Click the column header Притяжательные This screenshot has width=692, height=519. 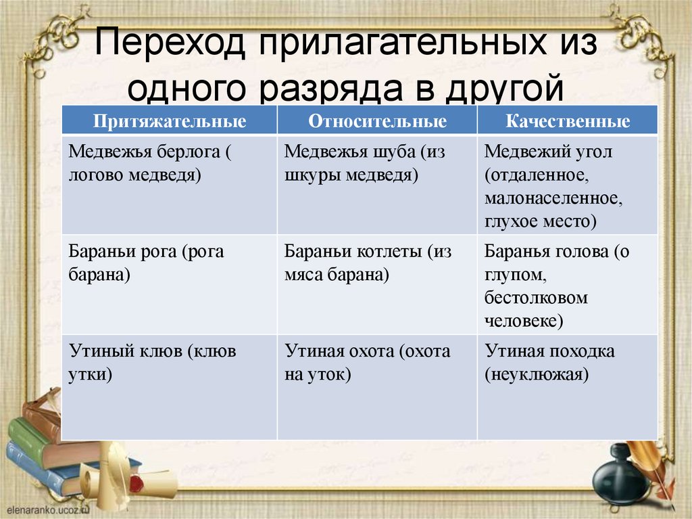pos(169,121)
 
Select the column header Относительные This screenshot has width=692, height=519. pos(377,121)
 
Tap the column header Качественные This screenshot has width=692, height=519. pos(567,121)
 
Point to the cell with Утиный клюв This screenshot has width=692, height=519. pos(169,386)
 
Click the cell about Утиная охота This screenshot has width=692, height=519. pos(377,386)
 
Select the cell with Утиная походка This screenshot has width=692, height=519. pos(567,386)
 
